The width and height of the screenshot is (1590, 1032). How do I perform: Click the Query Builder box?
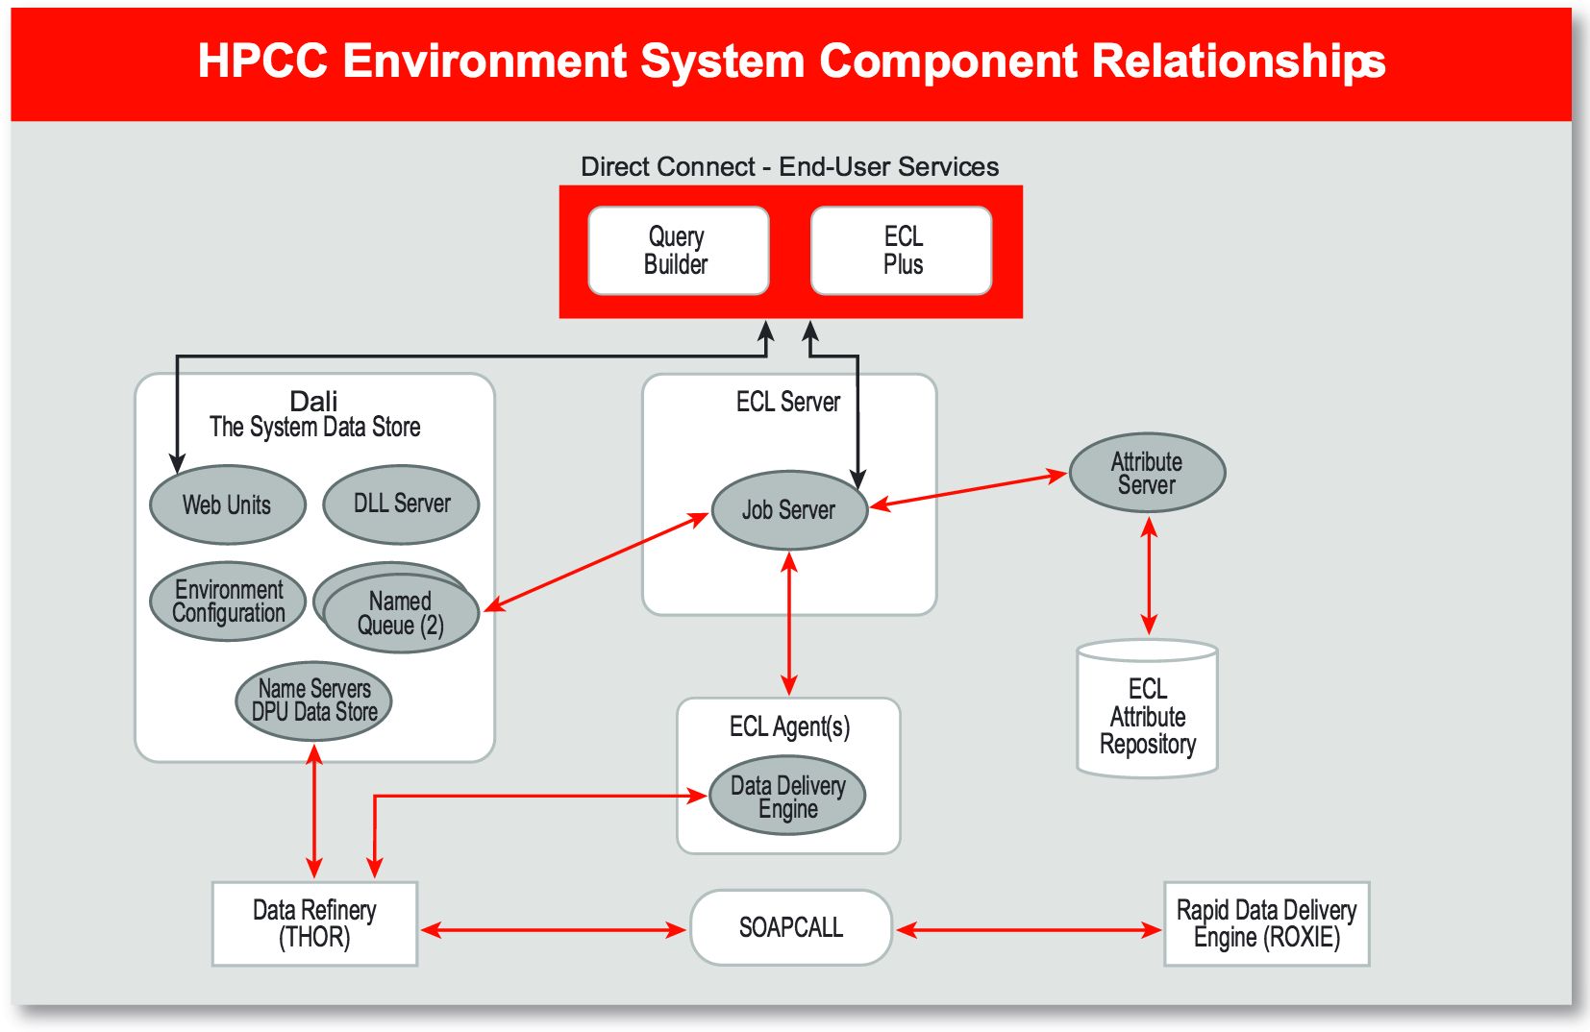(x=678, y=251)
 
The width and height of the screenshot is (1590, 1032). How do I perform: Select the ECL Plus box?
(x=902, y=251)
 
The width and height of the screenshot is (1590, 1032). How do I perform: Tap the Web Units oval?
(x=228, y=504)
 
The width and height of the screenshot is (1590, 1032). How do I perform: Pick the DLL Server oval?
(x=401, y=504)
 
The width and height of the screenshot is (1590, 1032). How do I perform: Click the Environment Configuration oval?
(x=228, y=602)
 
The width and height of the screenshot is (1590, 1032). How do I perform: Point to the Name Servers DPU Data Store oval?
(x=313, y=700)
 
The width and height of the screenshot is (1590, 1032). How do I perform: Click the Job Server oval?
(x=789, y=510)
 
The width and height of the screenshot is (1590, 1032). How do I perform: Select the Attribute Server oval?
(x=1147, y=473)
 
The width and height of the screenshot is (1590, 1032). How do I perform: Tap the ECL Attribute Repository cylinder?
(x=1148, y=715)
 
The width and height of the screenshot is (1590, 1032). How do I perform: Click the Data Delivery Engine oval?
(x=787, y=797)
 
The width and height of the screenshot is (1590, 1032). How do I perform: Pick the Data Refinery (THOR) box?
(x=314, y=923)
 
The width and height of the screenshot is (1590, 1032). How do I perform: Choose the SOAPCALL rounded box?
(x=791, y=927)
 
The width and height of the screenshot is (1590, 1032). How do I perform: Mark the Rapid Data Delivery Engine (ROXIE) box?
(x=1266, y=923)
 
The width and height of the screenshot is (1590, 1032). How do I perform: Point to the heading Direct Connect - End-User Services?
(x=789, y=167)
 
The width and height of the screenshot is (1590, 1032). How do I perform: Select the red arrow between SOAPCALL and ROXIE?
(x=1029, y=929)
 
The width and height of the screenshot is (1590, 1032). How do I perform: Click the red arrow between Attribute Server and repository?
(x=1149, y=576)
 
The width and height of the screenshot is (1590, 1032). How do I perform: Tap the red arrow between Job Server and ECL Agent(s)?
(x=789, y=624)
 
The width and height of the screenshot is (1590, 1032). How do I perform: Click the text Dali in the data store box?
(x=313, y=401)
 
